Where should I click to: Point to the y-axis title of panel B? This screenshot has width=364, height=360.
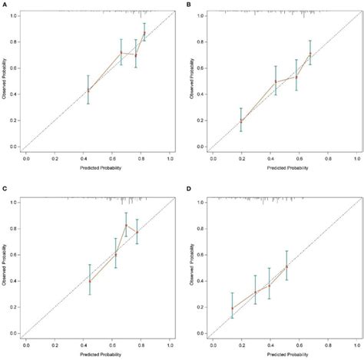coord(194,81)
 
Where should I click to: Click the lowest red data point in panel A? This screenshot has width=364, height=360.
coord(88,91)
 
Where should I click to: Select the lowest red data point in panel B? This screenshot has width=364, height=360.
coord(220,121)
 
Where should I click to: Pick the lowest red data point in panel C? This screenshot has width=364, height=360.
coord(90,281)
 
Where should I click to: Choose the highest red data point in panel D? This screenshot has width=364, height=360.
coord(286,266)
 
